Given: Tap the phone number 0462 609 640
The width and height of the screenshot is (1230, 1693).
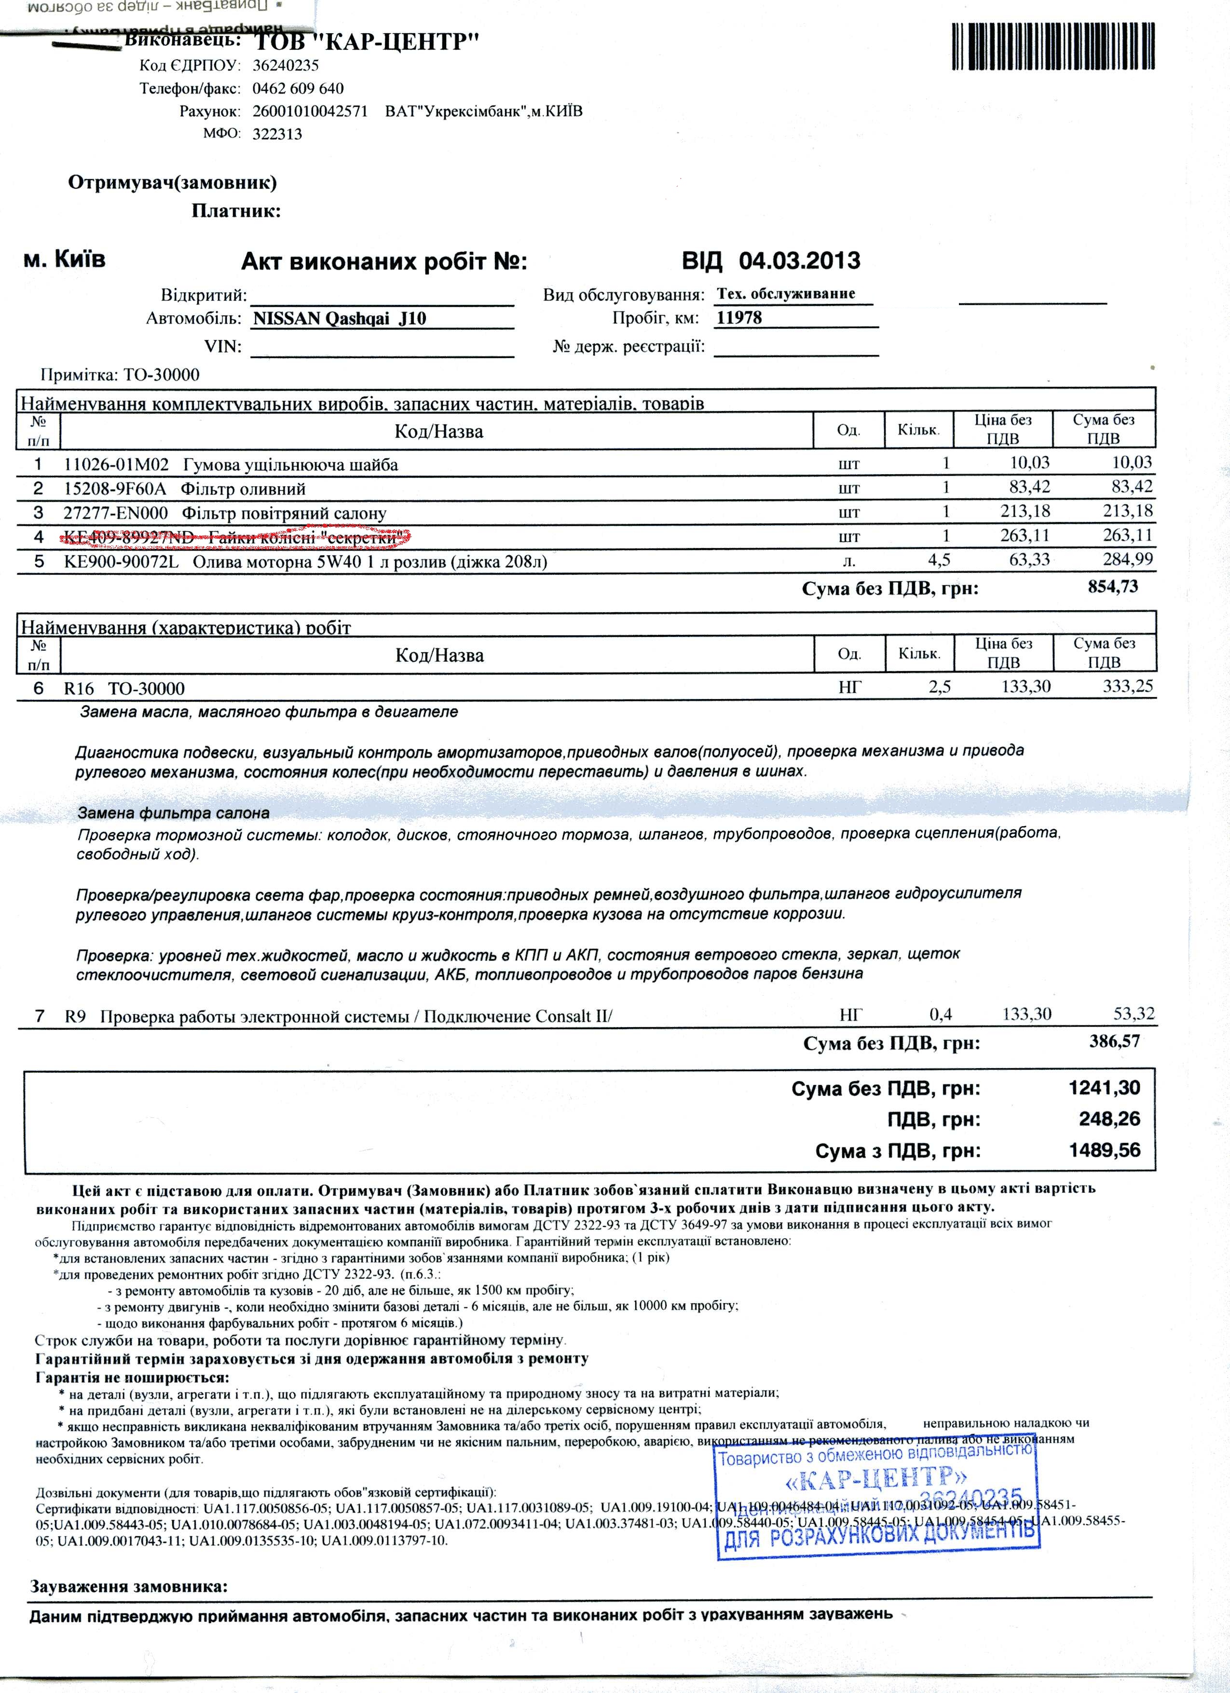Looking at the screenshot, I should coord(298,89).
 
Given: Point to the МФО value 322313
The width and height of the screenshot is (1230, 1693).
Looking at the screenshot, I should coord(277,134).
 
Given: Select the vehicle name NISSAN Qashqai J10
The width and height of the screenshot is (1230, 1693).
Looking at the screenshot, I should coord(340,319).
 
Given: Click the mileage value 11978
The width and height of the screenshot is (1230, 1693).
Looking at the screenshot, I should coord(739,318).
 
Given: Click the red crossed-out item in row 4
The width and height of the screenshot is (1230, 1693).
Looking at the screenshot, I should coord(237,536).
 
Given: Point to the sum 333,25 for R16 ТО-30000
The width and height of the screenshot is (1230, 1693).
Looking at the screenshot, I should coord(1128,686).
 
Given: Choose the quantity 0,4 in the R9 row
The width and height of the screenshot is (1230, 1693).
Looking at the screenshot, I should coord(941,1015).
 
